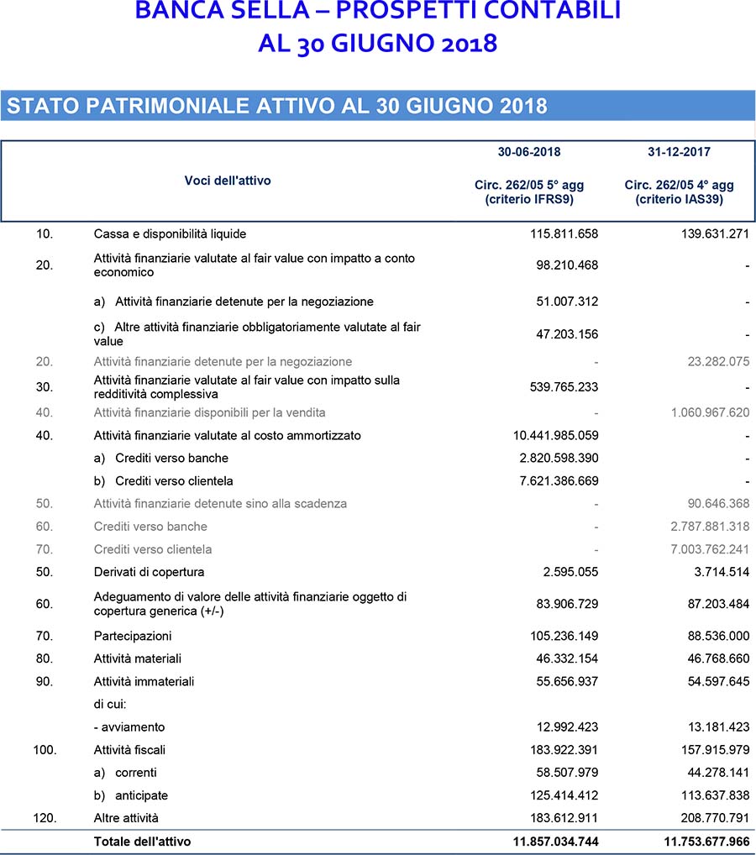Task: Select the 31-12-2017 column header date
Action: coord(680,152)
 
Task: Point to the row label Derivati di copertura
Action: coord(149,572)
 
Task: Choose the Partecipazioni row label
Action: coord(133,636)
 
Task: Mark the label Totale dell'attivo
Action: coord(142,841)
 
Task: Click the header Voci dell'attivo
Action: coord(228,181)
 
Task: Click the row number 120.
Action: coord(45,817)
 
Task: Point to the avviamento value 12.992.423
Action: coord(566,726)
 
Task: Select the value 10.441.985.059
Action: coord(555,435)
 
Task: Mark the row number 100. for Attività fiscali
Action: coord(45,749)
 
